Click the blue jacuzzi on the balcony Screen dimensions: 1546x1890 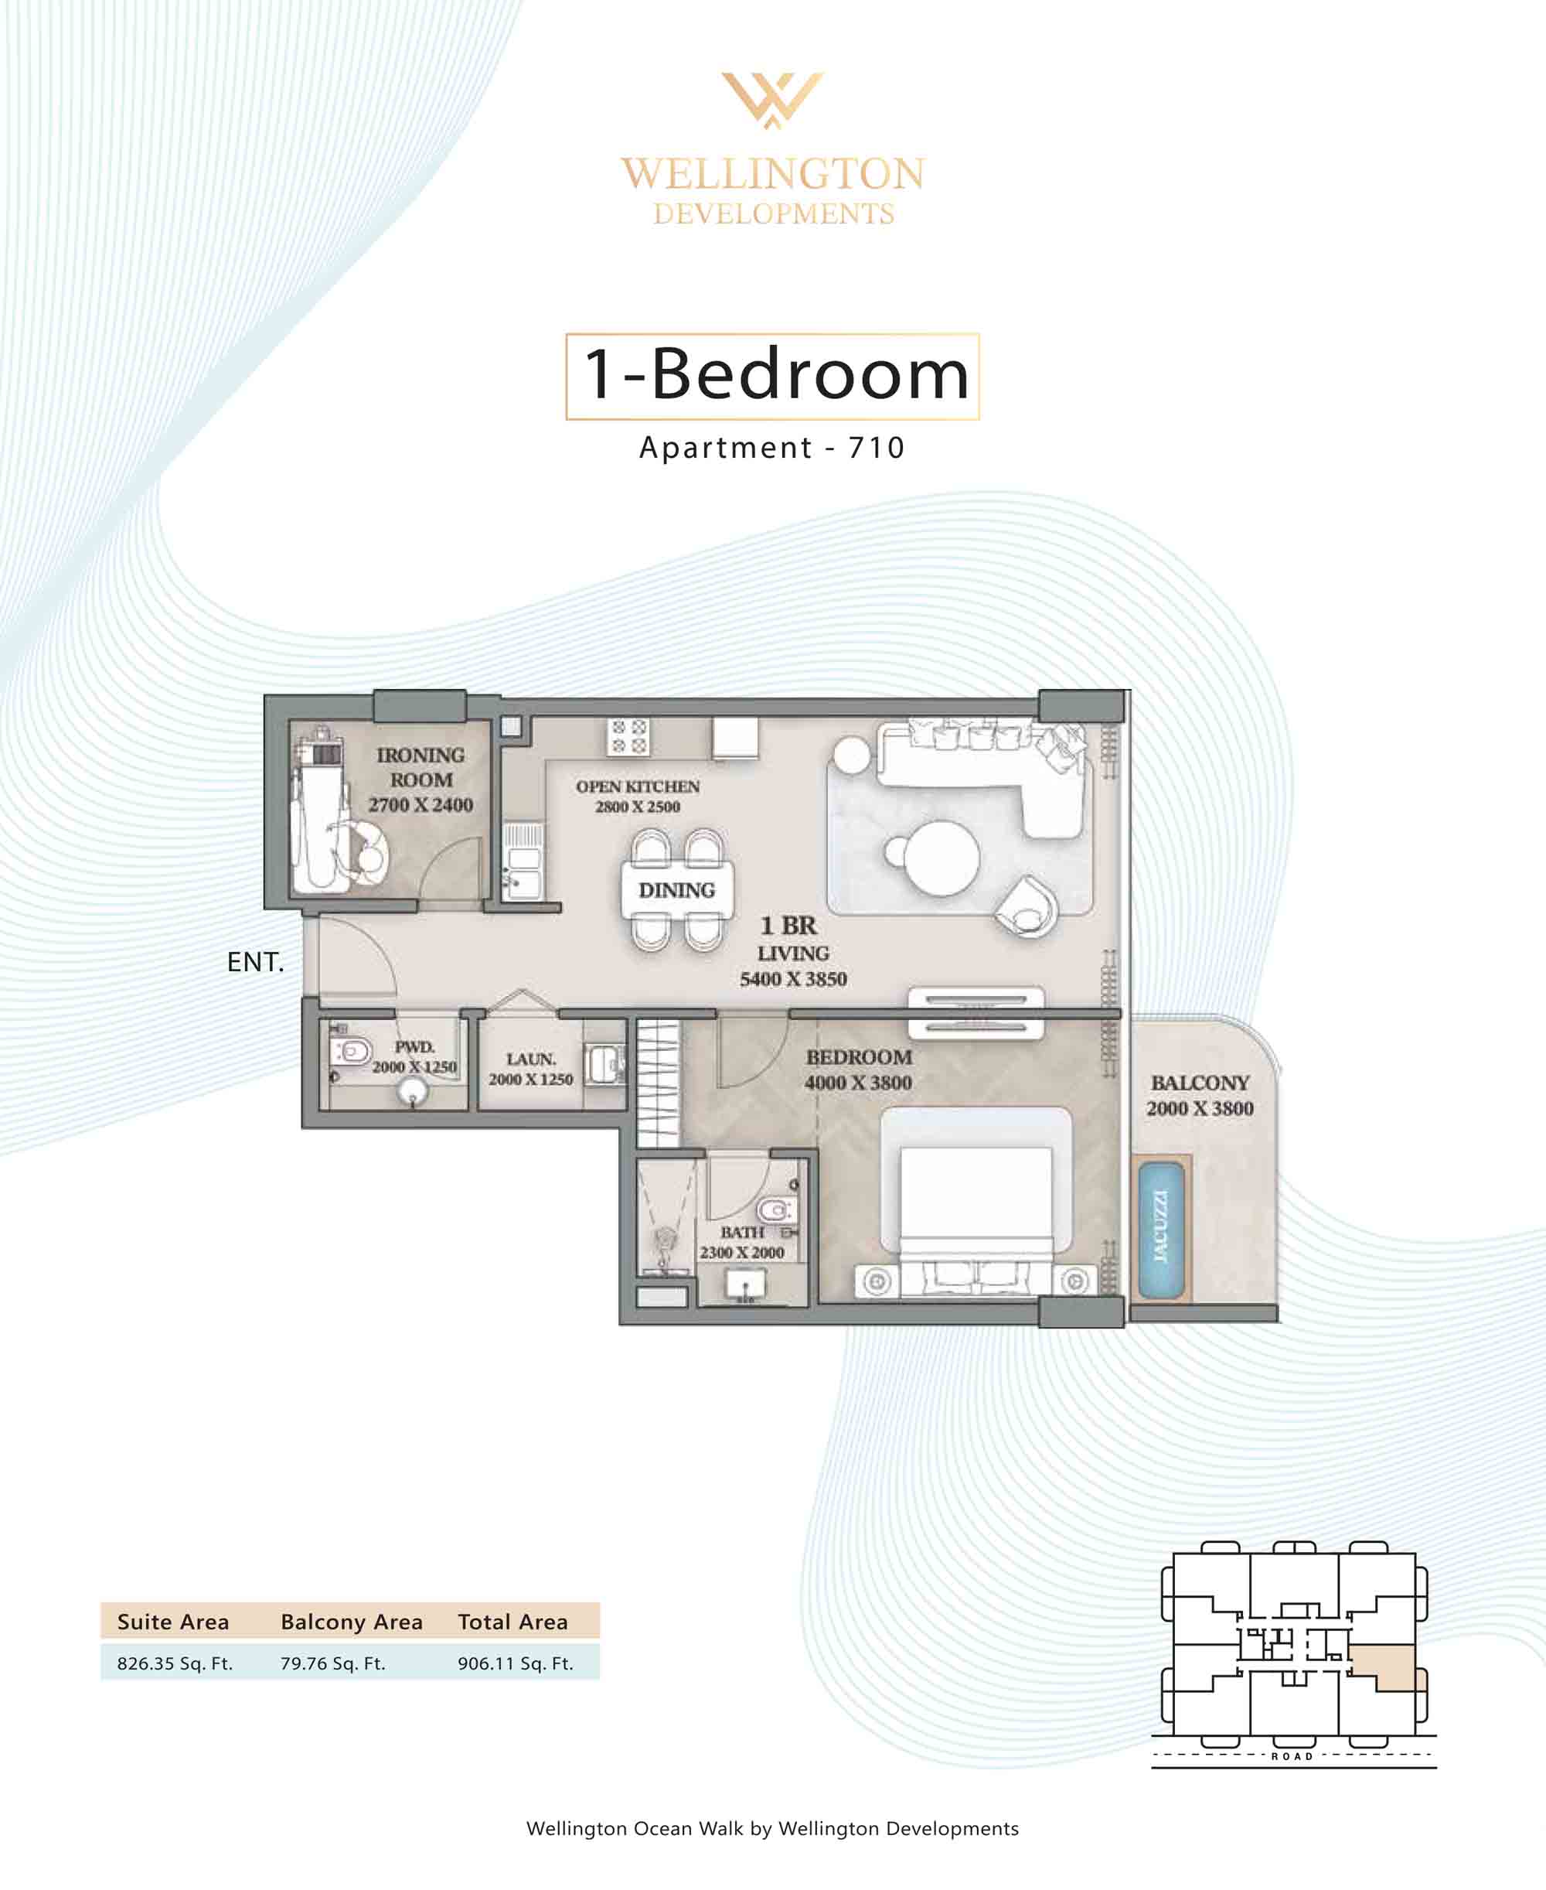[1161, 1228]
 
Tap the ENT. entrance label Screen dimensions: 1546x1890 [256, 962]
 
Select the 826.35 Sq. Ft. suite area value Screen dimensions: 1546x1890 [175, 1663]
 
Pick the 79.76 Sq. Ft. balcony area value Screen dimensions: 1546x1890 [333, 1663]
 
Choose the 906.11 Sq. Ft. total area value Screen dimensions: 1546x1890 [516, 1663]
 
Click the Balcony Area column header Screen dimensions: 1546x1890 [352, 1622]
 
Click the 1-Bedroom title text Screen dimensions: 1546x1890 [775, 374]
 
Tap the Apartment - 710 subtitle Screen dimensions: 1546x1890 [772, 447]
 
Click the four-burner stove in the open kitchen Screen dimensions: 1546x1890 [628, 736]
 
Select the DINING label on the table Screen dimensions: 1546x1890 [677, 890]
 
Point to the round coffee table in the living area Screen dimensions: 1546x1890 [941, 858]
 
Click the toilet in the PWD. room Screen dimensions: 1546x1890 [350, 1051]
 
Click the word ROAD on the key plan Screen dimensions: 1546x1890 [1292, 1756]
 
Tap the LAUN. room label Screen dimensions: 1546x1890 [531, 1059]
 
